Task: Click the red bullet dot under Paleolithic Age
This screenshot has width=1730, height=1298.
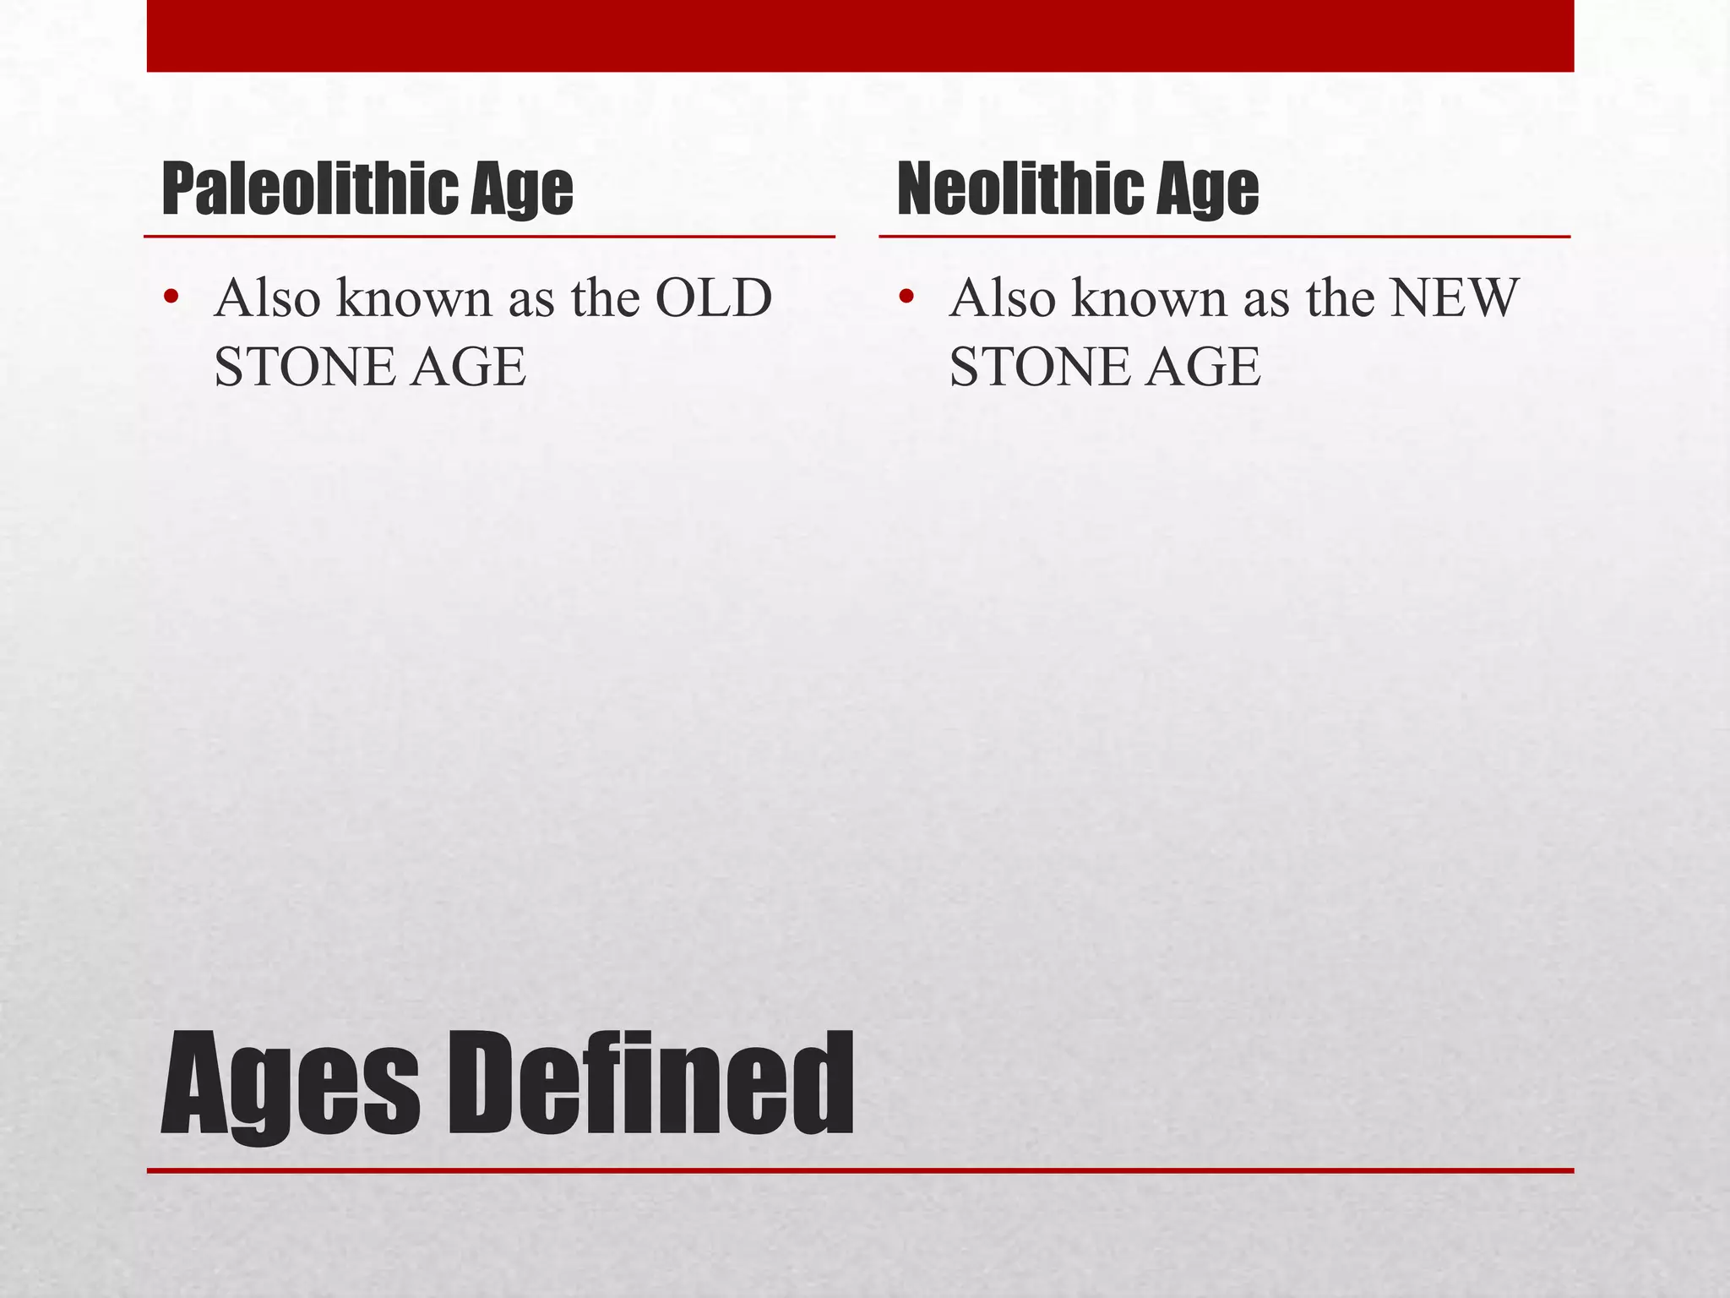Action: pyautogui.click(x=171, y=297)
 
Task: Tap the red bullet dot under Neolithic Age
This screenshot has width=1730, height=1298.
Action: pyautogui.click(x=906, y=297)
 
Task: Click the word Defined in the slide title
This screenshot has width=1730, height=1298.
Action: pyautogui.click(x=650, y=1085)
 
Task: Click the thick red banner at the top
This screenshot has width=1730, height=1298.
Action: pyautogui.click(x=860, y=35)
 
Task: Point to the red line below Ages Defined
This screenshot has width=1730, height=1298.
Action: pyautogui.click(x=860, y=1170)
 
